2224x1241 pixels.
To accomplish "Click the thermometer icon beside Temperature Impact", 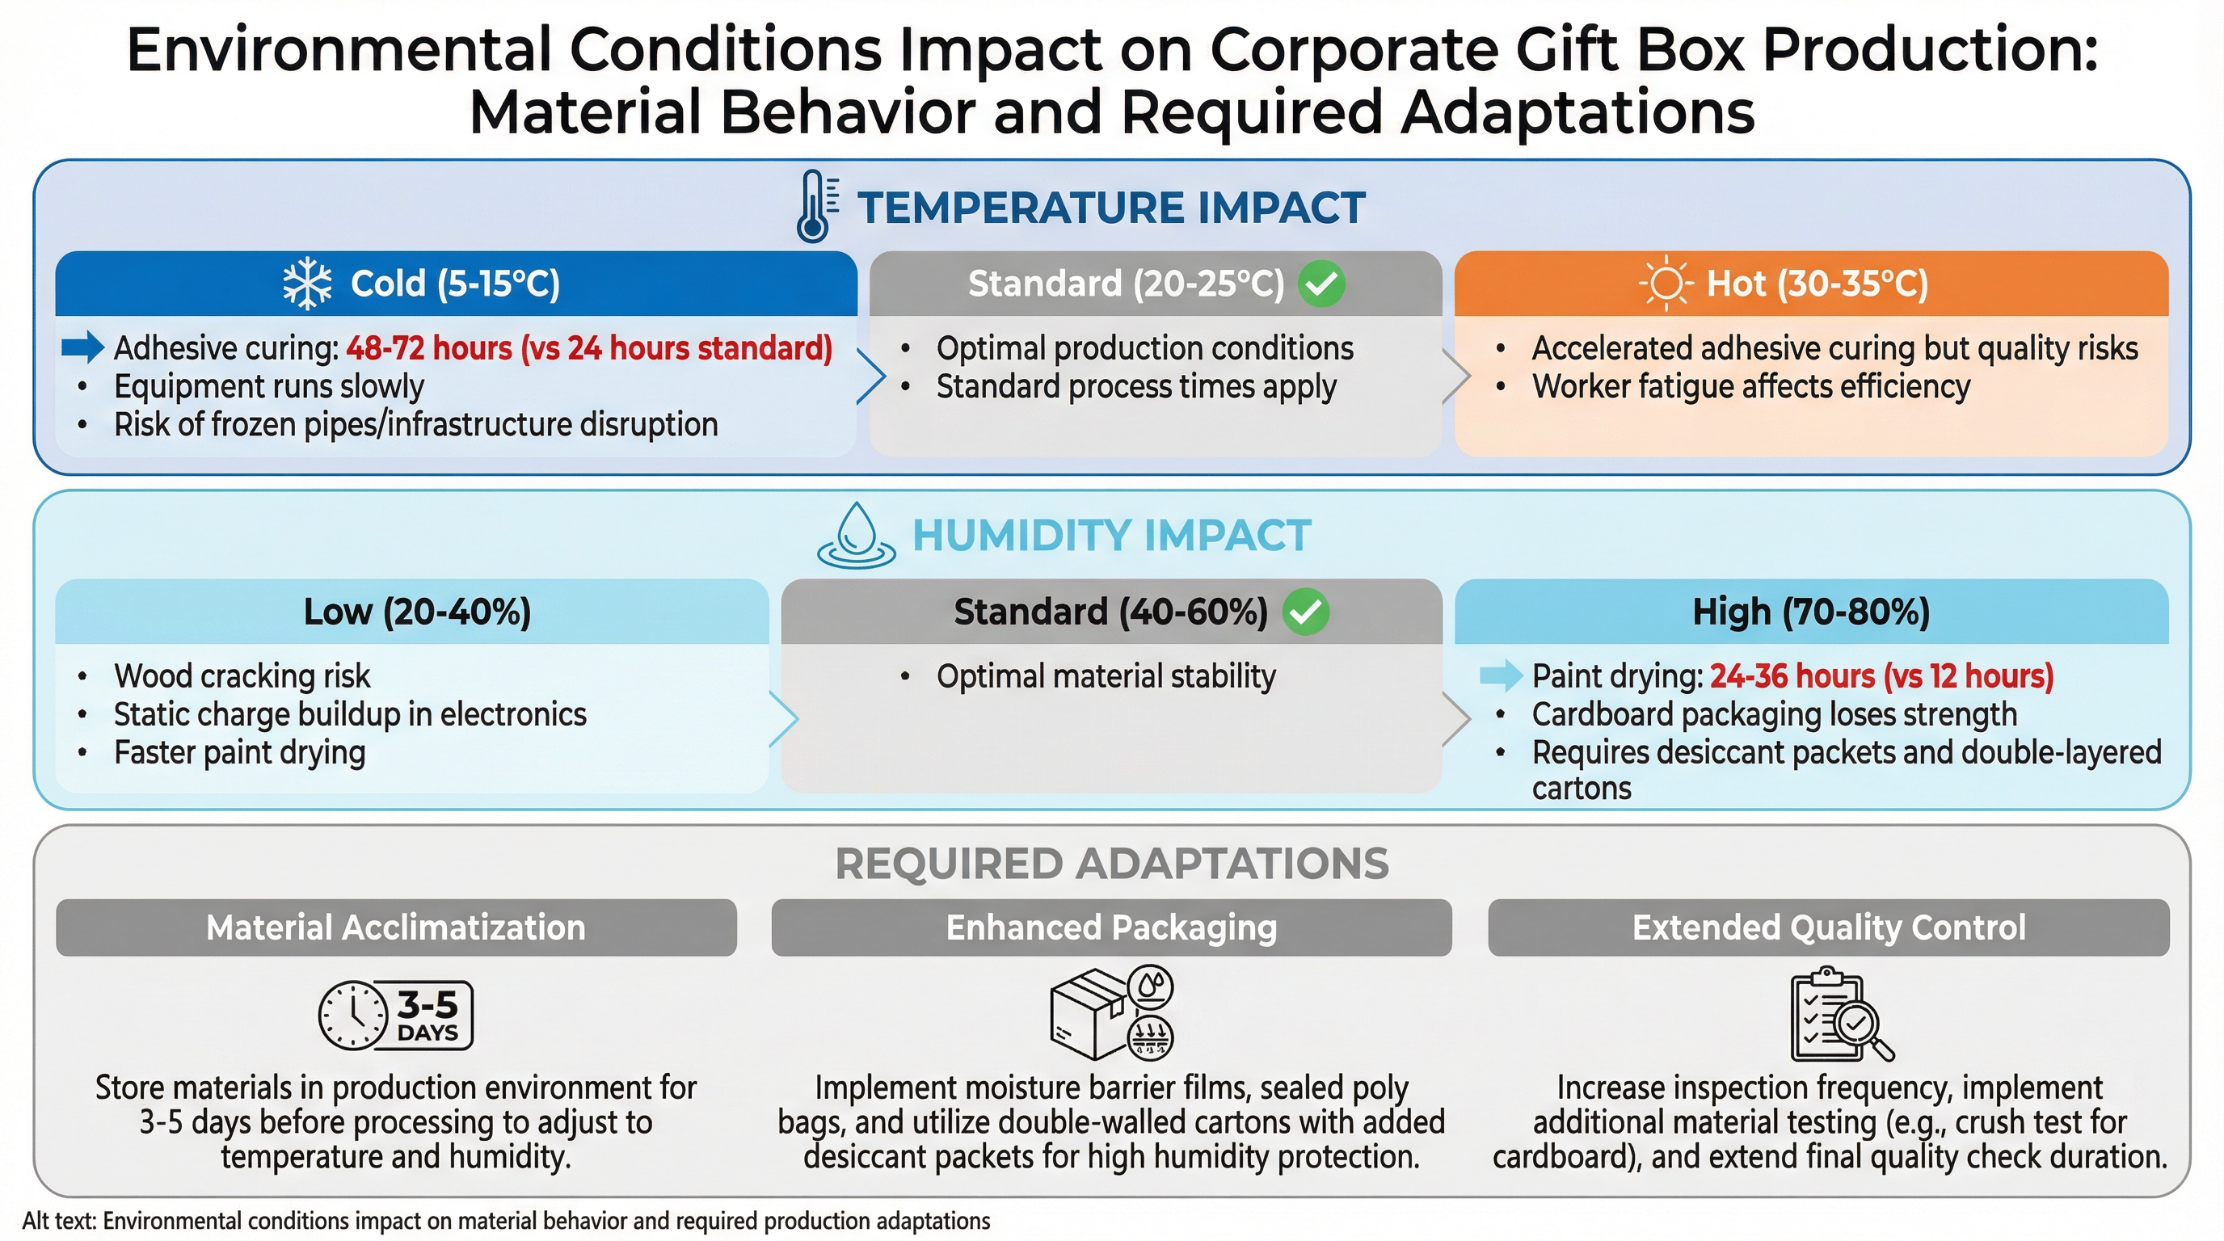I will [x=815, y=205].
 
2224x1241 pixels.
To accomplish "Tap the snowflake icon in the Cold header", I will [x=307, y=284].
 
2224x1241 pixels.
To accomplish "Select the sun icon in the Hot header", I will [x=1666, y=283].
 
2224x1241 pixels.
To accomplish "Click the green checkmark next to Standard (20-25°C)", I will [x=1322, y=284].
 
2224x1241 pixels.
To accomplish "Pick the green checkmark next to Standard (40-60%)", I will [x=1305, y=612].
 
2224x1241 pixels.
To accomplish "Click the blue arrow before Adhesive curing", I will [x=83, y=347].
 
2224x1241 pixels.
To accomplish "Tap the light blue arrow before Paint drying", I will [x=1501, y=675].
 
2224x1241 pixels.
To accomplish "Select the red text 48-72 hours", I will [x=429, y=347].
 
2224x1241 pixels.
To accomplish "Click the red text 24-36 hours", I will [x=1792, y=675].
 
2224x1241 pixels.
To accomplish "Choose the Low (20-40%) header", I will [x=417, y=612].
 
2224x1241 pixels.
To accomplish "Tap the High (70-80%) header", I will [x=1810, y=612].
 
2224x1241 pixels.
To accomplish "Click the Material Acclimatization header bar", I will [x=396, y=928].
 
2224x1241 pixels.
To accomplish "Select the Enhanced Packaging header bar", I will [x=1111, y=928].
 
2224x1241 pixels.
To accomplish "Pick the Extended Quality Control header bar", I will [x=1828, y=928].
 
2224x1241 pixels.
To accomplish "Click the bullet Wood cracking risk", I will [x=242, y=675].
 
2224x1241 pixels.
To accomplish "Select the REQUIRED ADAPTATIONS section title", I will [x=1111, y=864].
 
